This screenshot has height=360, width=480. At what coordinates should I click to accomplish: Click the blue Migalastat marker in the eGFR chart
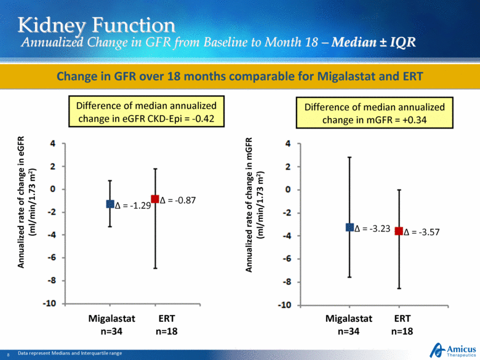110,204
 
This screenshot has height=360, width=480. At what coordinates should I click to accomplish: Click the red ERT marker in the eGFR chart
155,199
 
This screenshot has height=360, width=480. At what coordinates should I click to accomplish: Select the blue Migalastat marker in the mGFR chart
350,227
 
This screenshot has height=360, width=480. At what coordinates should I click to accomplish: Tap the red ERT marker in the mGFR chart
399,231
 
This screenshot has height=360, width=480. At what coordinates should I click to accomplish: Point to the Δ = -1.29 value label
132,206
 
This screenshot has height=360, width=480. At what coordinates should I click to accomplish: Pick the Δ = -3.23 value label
372,228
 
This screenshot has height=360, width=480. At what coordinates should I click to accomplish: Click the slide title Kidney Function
96,25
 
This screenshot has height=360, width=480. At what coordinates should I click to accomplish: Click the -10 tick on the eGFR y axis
49,303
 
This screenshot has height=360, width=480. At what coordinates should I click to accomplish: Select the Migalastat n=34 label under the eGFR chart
110,325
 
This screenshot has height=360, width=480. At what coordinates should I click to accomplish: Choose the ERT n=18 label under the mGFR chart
401,325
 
